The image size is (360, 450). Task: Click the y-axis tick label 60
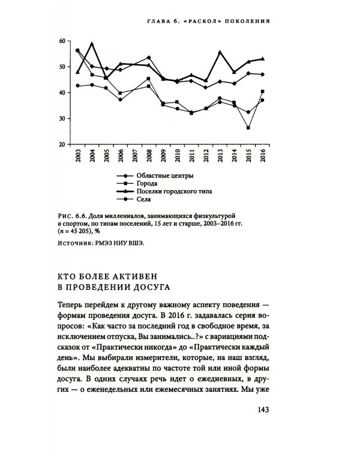(x=62, y=41)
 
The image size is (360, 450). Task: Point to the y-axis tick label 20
(x=62, y=145)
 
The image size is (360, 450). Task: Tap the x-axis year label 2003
(x=78, y=158)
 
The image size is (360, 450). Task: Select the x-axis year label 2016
(x=263, y=158)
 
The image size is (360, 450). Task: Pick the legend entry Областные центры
(x=161, y=176)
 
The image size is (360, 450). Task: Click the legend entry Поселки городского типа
(x=175, y=192)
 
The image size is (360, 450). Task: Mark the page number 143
(x=259, y=410)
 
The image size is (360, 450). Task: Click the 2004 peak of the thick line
(x=92, y=44)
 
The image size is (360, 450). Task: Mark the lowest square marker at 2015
(x=248, y=128)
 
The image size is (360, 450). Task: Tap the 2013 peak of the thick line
(x=220, y=52)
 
